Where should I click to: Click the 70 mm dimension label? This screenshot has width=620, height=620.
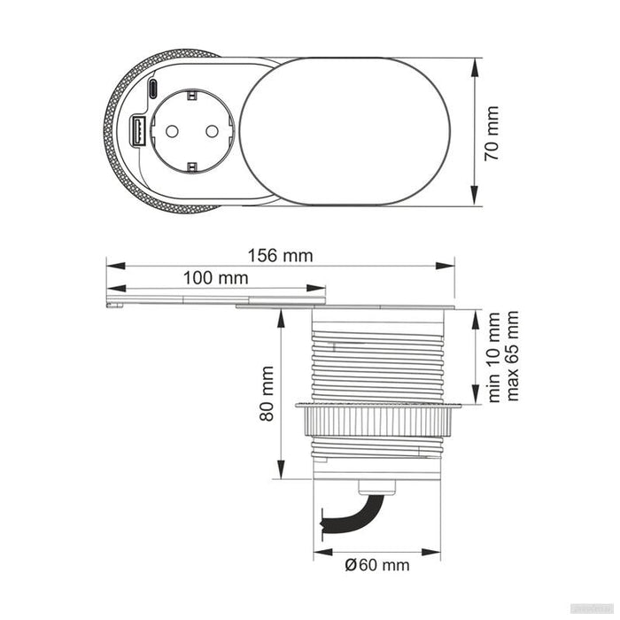(493, 134)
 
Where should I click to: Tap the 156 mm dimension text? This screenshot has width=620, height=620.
(280, 255)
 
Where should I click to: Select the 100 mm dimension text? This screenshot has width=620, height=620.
(215, 278)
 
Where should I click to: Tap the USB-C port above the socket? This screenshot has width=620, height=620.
(153, 89)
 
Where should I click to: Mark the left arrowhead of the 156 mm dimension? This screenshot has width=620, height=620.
(111, 264)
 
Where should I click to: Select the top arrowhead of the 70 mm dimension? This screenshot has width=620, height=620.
(476, 63)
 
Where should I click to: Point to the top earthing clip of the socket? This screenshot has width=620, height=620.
(190, 93)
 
